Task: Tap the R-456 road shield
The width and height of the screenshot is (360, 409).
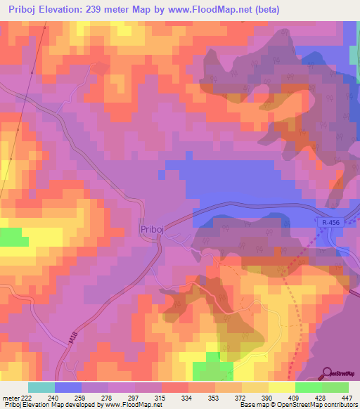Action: coord(332,222)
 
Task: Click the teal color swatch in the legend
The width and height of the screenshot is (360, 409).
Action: coord(41,387)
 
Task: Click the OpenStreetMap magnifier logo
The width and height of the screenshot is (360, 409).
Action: coord(326,372)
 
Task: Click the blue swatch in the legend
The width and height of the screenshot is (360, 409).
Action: coord(68,387)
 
